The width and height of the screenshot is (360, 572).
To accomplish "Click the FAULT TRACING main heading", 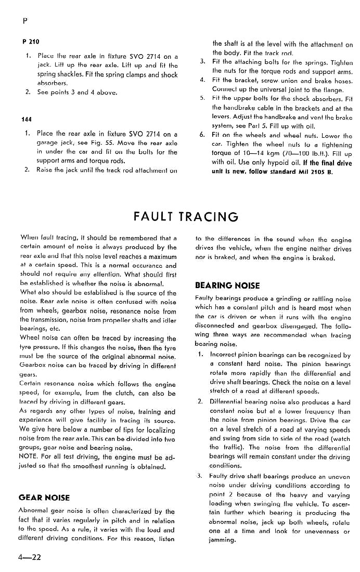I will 186,216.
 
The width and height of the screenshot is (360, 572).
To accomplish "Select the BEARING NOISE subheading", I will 227,285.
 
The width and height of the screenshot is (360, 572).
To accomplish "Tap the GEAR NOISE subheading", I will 44,497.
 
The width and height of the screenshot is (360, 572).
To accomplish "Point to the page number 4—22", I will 29,557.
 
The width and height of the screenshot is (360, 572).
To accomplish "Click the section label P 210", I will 31,42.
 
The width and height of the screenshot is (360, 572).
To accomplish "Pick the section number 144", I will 27,119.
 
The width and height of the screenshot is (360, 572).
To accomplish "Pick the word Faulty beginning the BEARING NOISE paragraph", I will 206,298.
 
